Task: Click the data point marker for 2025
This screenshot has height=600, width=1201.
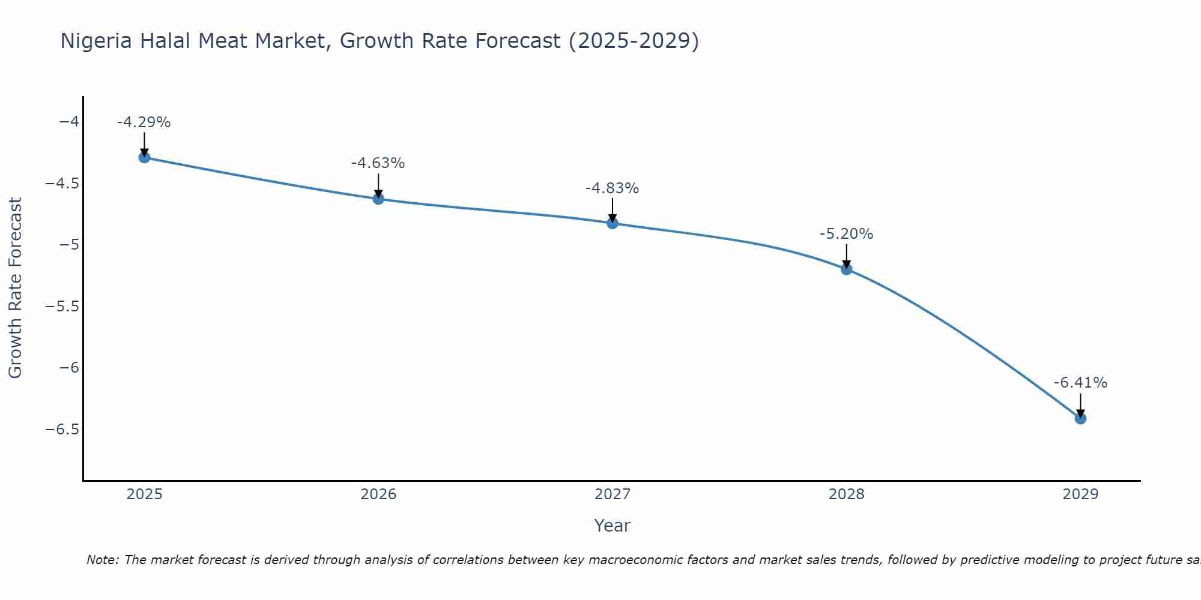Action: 144,157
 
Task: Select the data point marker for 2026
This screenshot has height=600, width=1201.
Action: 378,199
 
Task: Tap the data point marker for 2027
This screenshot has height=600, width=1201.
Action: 613,223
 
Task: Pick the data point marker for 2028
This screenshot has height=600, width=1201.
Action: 847,269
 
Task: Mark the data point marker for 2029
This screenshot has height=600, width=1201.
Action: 1080,418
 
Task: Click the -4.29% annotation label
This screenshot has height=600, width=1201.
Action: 144,122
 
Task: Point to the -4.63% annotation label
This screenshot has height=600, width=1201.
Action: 378,163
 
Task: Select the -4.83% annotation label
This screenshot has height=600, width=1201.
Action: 613,188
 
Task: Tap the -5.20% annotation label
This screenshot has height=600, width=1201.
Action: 847,234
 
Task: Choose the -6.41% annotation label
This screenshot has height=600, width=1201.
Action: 1080,383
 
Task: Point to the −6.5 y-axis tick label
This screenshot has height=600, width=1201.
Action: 62,430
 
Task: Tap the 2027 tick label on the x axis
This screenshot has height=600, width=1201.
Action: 613,494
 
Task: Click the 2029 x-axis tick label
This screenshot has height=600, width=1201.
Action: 1080,494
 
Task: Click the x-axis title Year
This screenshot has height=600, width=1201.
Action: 612,526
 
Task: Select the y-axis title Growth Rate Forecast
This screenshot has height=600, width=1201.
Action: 15,288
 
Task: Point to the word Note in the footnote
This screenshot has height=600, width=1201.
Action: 103,560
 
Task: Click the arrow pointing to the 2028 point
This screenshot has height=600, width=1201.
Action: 847,256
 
